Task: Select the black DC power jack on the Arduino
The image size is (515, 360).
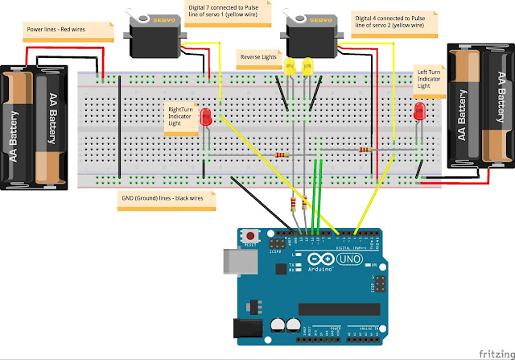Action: tap(246, 326)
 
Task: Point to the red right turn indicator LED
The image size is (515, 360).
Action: tap(206, 117)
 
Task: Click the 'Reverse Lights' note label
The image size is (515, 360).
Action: tap(257, 57)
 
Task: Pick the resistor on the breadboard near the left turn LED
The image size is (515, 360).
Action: tap(366, 149)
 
